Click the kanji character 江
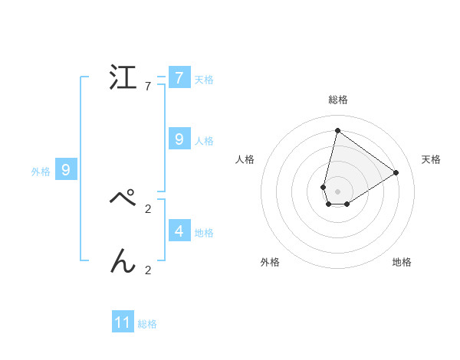click(123, 77)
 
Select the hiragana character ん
click(123, 261)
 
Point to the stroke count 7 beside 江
click(148, 87)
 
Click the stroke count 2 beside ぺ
click(148, 208)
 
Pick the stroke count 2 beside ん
click(148, 270)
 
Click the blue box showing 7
click(179, 78)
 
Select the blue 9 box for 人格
click(179, 139)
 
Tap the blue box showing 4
click(179, 230)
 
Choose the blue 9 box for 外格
click(66, 170)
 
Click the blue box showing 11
click(123, 322)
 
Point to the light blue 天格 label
click(204, 79)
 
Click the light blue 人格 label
click(204, 140)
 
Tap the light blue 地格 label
click(204, 232)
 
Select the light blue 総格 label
click(147, 324)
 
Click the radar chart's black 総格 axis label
click(337, 100)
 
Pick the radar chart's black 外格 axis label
click(270, 262)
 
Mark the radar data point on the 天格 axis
click(396, 172)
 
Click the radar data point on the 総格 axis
click(337, 130)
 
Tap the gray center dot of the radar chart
click(337, 191)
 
